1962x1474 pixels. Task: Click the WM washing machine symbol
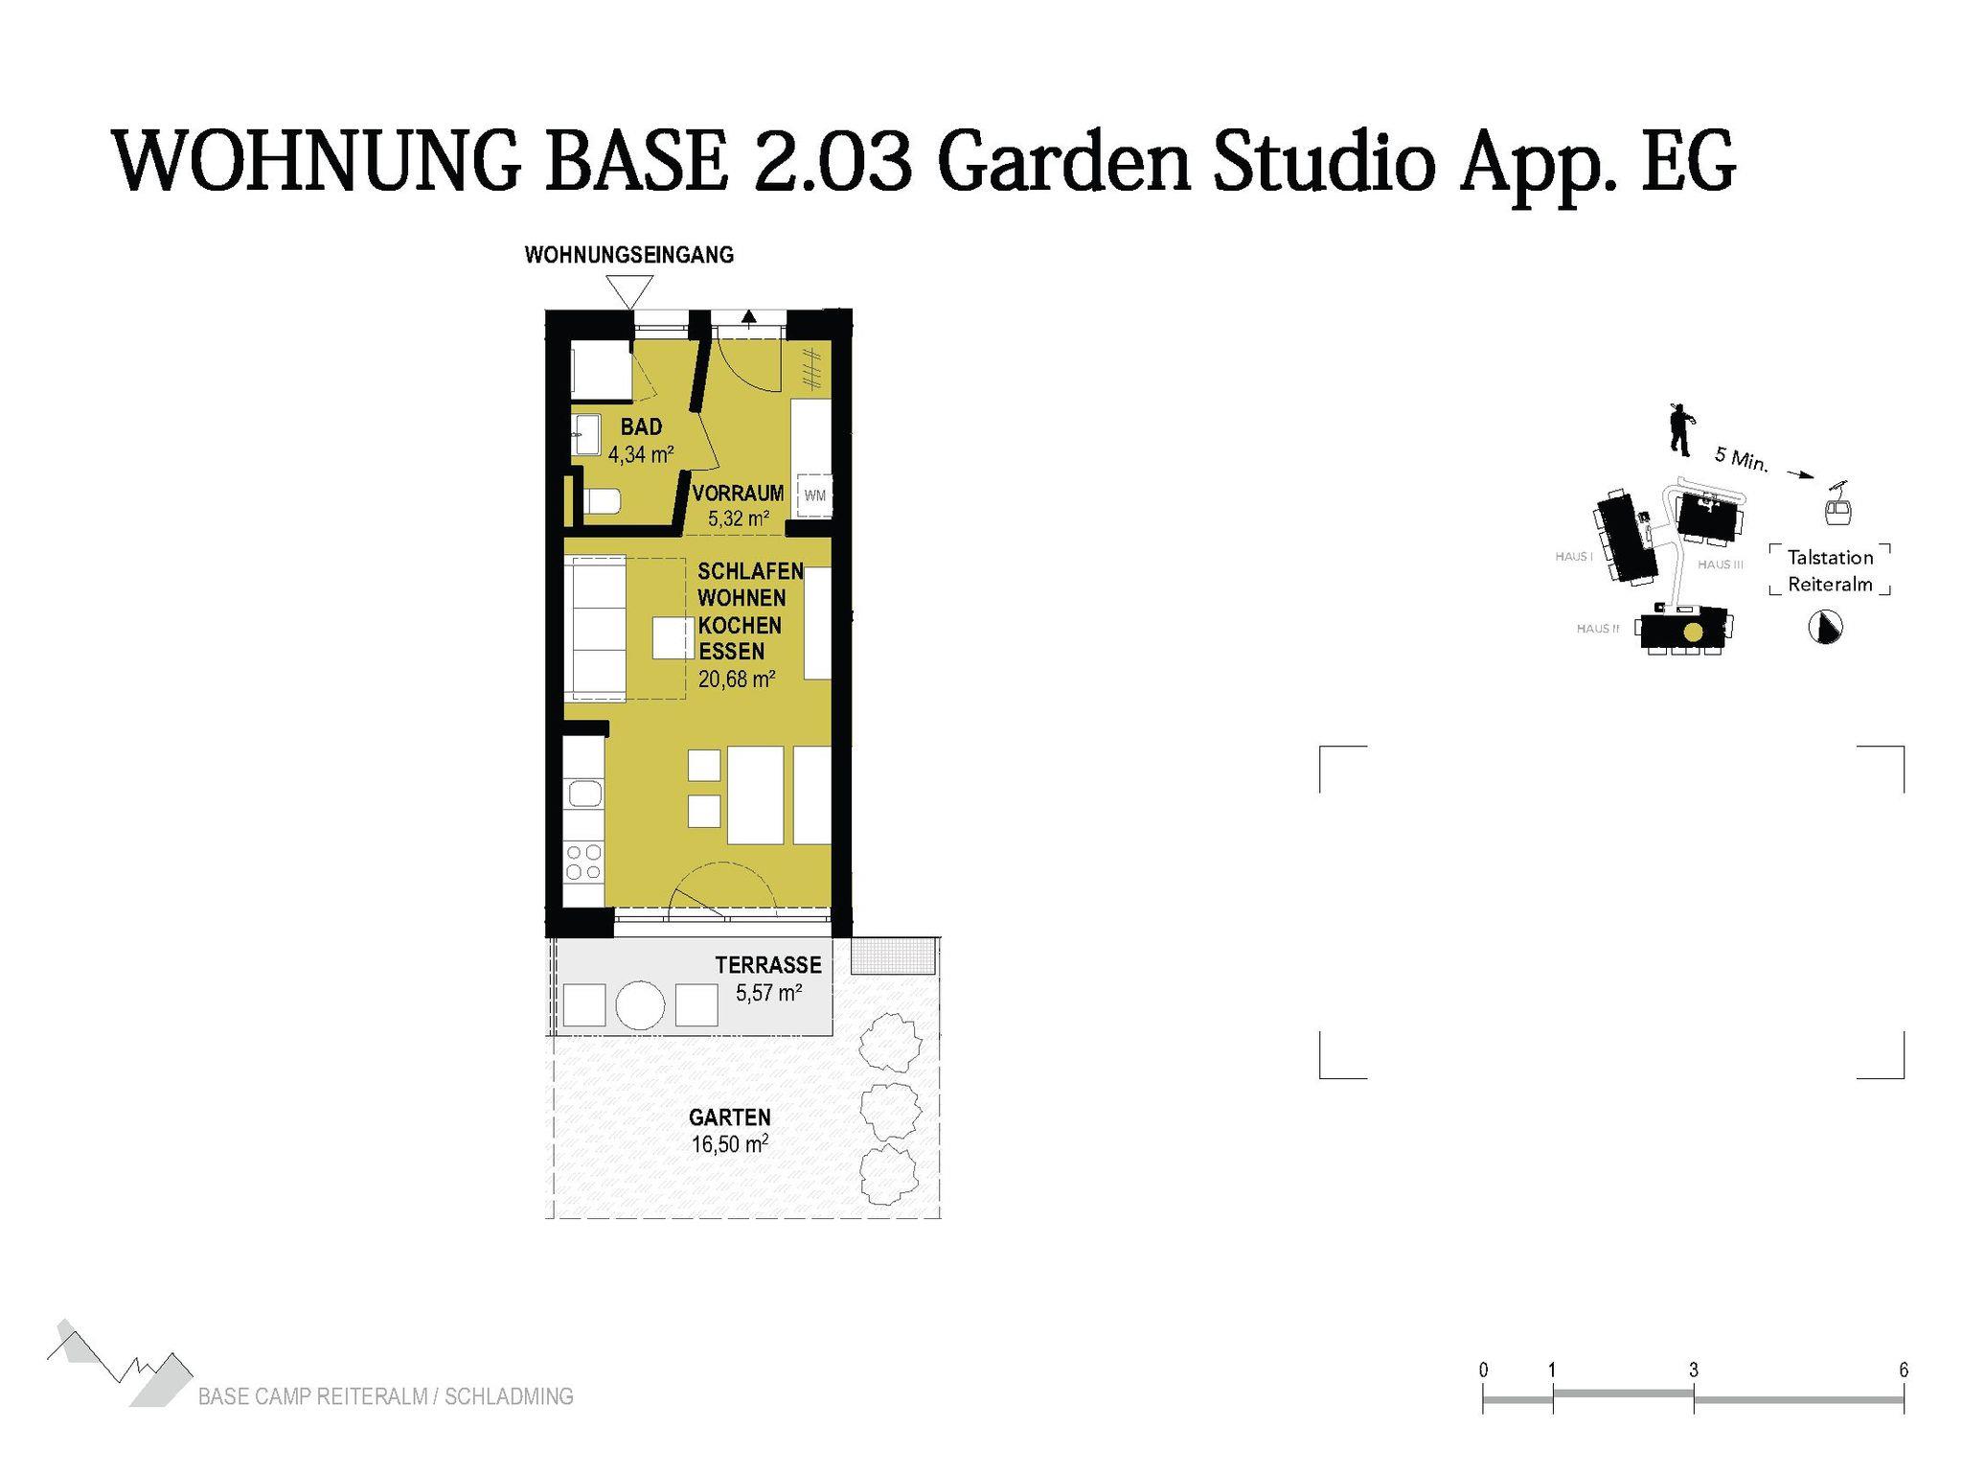[814, 495]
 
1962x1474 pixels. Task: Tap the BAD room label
[641, 426]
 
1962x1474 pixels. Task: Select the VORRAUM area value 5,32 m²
[739, 518]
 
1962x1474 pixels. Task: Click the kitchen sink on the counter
[584, 794]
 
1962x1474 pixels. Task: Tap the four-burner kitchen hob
[583, 862]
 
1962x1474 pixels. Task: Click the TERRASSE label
[768, 965]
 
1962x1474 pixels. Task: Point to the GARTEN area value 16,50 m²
[730, 1143]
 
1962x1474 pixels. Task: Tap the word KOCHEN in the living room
[740, 625]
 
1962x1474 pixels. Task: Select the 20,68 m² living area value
[737, 679]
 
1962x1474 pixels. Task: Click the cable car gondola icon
[1837, 505]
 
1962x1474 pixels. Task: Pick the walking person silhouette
[1680, 428]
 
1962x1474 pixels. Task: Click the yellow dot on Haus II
[1694, 633]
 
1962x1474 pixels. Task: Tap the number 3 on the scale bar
[1694, 1370]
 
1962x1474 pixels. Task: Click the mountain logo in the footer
[120, 1363]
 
